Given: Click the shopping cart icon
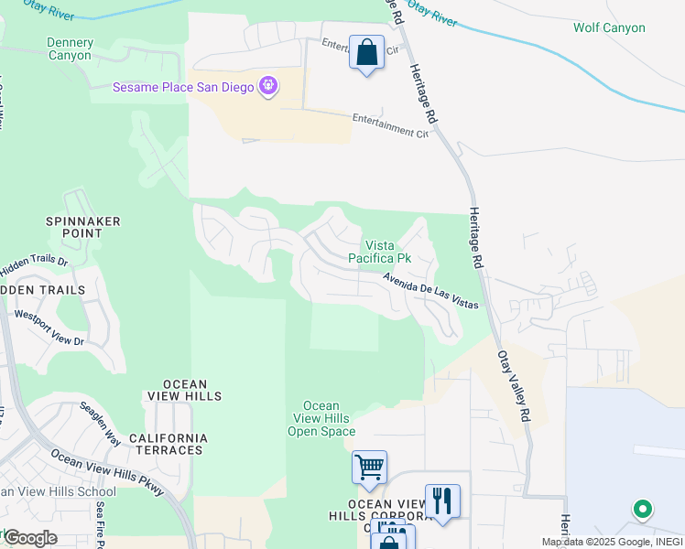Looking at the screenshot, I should [x=369, y=467].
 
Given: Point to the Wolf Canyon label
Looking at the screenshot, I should [x=609, y=27].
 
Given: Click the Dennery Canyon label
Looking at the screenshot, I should [x=70, y=48].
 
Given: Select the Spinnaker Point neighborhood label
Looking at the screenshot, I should [x=83, y=227].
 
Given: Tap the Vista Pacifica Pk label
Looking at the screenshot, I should [x=388, y=252].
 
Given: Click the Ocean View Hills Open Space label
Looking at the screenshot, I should [x=321, y=418].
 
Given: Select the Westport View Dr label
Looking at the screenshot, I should [x=49, y=328].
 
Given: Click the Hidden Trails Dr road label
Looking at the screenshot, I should [x=35, y=262].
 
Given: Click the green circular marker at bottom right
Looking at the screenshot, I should [x=643, y=509].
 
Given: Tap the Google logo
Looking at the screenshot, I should [x=29, y=538].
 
